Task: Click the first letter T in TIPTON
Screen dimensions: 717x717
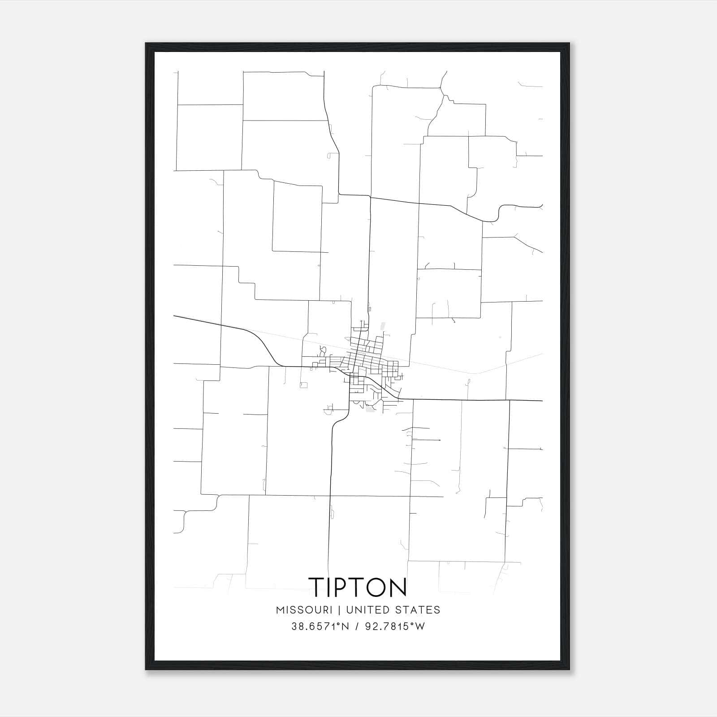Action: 316,587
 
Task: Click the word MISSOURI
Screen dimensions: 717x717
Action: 304,610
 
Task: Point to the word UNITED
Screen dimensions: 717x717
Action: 367,610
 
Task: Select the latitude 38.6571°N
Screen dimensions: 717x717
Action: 319,626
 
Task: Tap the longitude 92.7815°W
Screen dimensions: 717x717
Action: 393,626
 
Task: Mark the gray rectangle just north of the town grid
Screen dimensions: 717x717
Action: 382,326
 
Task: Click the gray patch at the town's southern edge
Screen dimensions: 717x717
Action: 370,409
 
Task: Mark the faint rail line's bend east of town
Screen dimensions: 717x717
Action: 478,373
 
